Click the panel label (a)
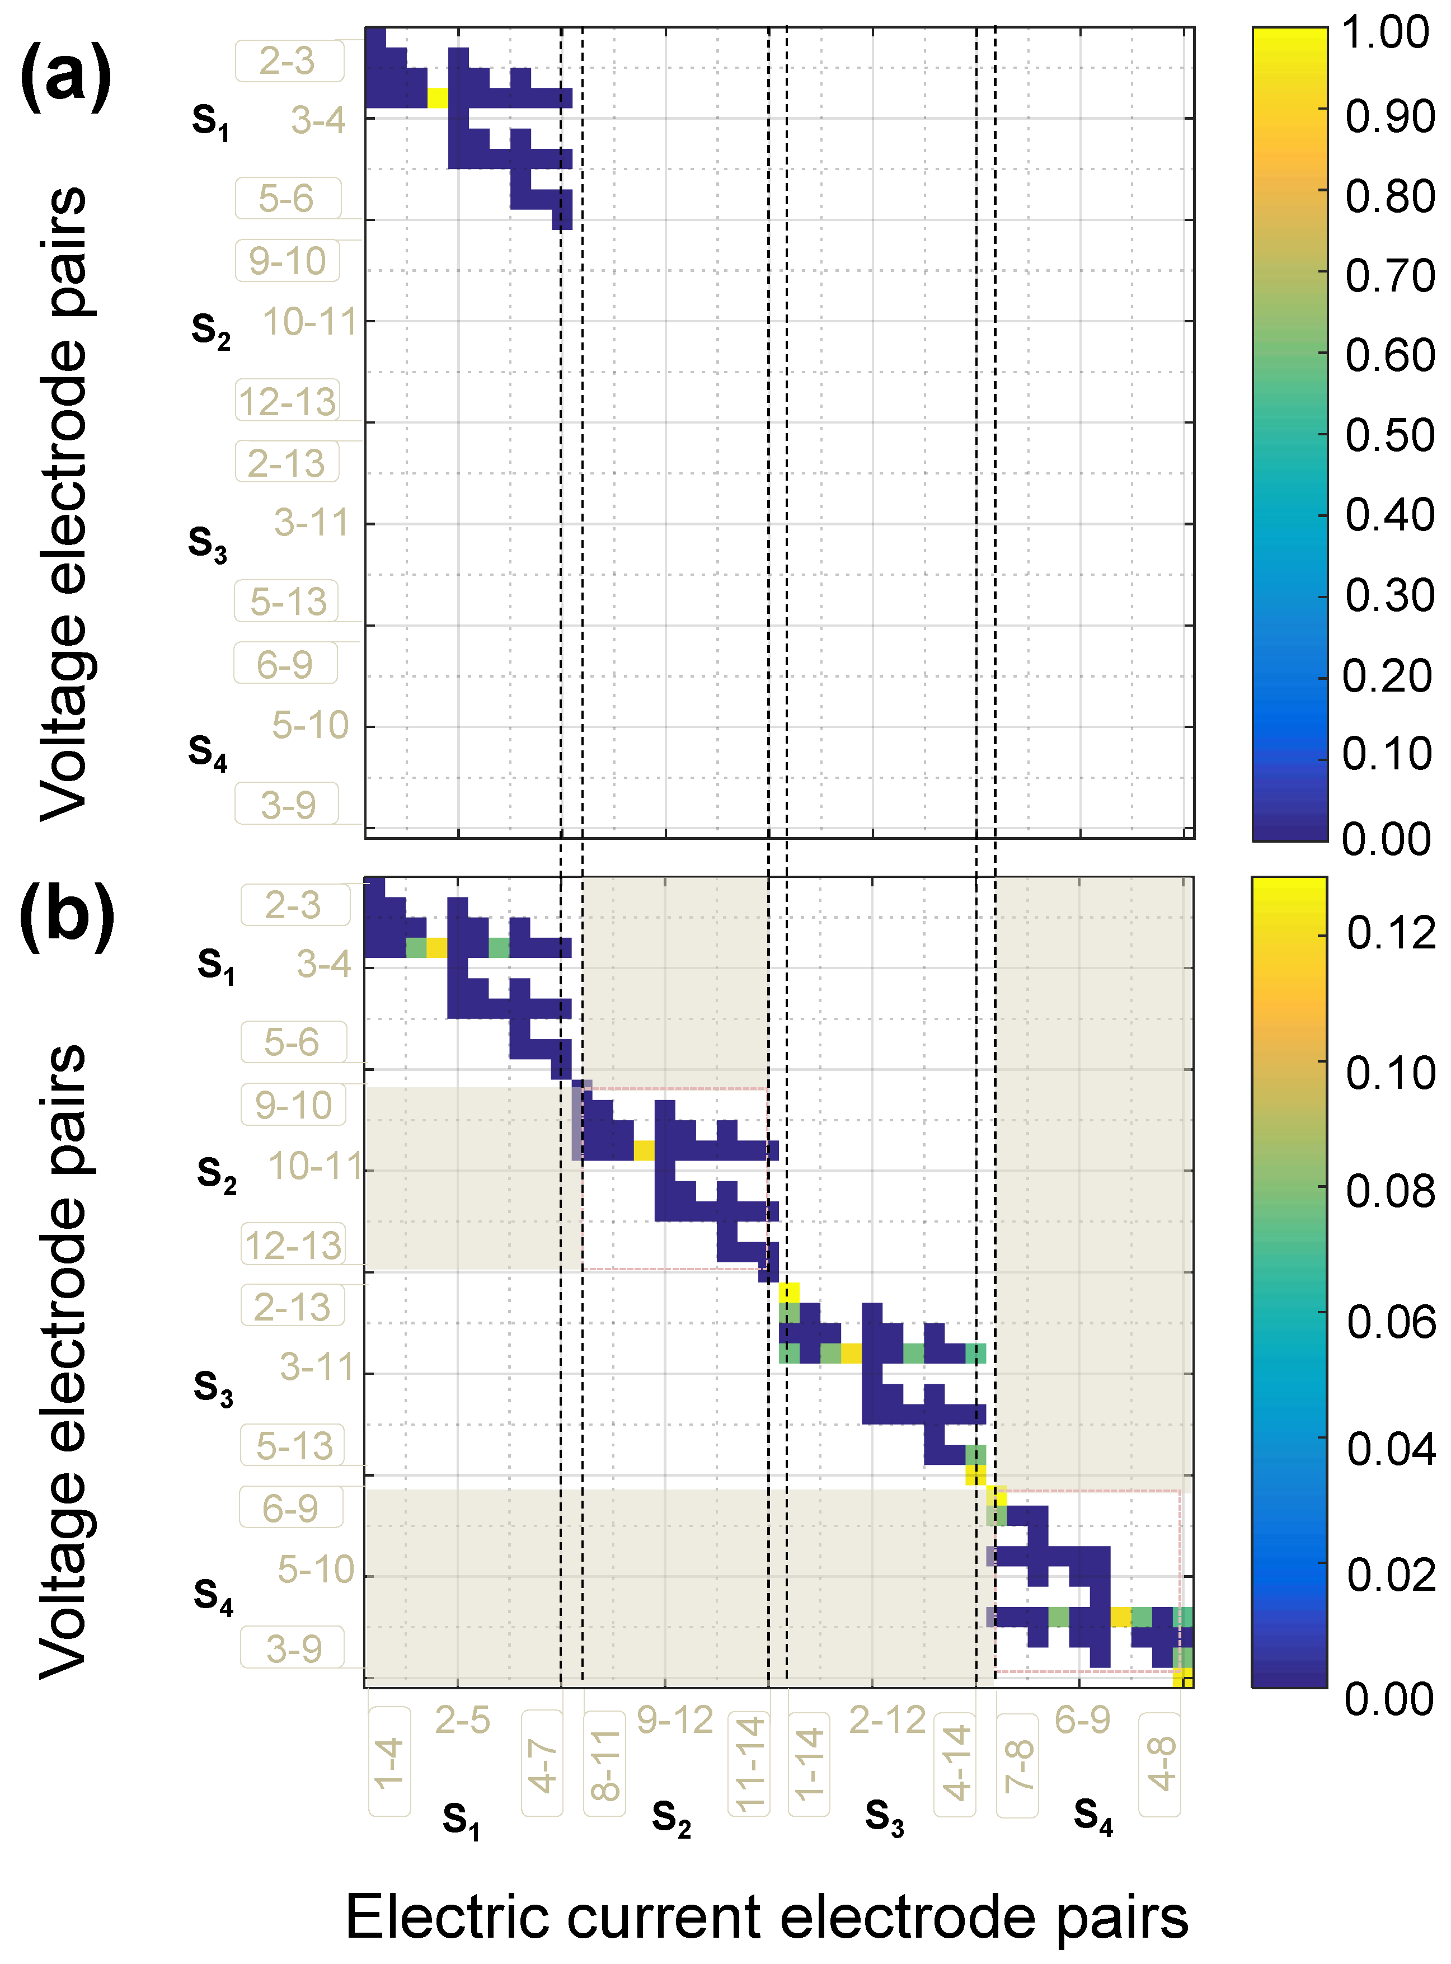tap(66, 77)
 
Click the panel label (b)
tap(67, 916)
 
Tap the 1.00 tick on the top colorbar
tap(1385, 34)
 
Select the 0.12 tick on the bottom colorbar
tap(1391, 934)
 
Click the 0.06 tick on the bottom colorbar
tap(1391, 1323)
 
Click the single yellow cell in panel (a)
tap(438, 97)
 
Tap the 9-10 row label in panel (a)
tap(287, 261)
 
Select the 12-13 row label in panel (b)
tap(293, 1246)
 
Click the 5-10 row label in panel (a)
tap(310, 726)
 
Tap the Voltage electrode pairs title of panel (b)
tap(63, 1361)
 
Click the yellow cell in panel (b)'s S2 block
tap(644, 1150)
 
